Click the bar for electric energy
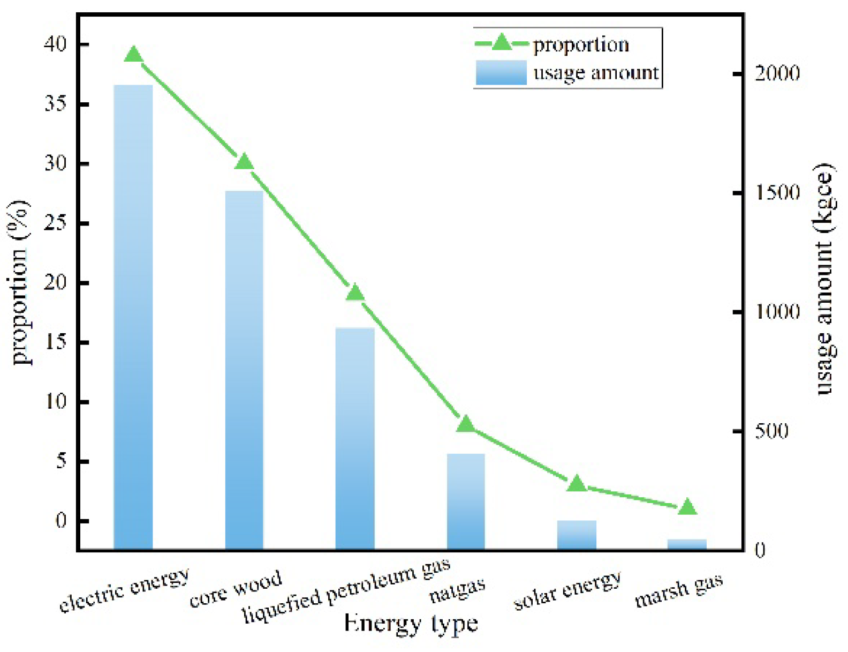coord(133,316)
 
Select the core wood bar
coord(244,370)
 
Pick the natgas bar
coord(466,501)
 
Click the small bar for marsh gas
coord(687,544)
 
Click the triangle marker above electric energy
coord(133,55)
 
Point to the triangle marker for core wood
coord(244,162)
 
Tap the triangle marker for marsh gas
coord(687,507)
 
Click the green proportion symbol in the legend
coord(502,43)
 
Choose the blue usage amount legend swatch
coord(501,72)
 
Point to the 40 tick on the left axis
coord(55,44)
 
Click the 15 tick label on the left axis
coord(55,342)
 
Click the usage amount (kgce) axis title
coord(825,279)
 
